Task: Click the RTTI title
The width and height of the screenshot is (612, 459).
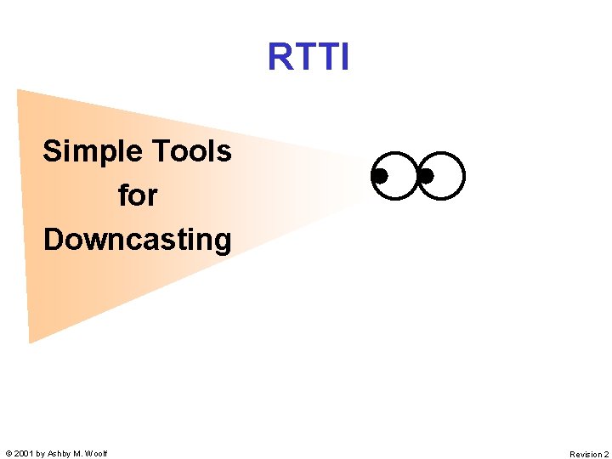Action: pyautogui.click(x=308, y=57)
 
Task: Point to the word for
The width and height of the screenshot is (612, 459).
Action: pyautogui.click(x=138, y=195)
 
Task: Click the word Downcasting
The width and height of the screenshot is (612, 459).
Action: pyautogui.click(x=137, y=240)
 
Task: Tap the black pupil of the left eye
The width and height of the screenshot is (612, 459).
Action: pyautogui.click(x=380, y=176)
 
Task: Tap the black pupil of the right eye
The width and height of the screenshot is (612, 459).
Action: pyautogui.click(x=427, y=176)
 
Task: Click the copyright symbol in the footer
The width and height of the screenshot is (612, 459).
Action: pyautogui.click(x=8, y=454)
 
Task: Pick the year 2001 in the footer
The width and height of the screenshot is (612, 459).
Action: pyautogui.click(x=24, y=454)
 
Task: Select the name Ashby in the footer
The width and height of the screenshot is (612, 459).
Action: pyautogui.click(x=59, y=454)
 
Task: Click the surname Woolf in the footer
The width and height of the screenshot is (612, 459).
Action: pyautogui.click(x=96, y=454)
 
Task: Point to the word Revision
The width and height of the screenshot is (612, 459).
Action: pyautogui.click(x=585, y=455)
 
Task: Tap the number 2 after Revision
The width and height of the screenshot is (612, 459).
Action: pyautogui.click(x=606, y=455)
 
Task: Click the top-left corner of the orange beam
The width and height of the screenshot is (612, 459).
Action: pyautogui.click(x=18, y=90)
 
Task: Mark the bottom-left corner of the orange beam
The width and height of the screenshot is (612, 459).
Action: pyautogui.click(x=30, y=342)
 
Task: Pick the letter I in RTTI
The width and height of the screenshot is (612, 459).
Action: pyautogui.click(x=343, y=57)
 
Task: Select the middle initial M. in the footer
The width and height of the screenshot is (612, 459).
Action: pyautogui.click(x=78, y=454)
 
